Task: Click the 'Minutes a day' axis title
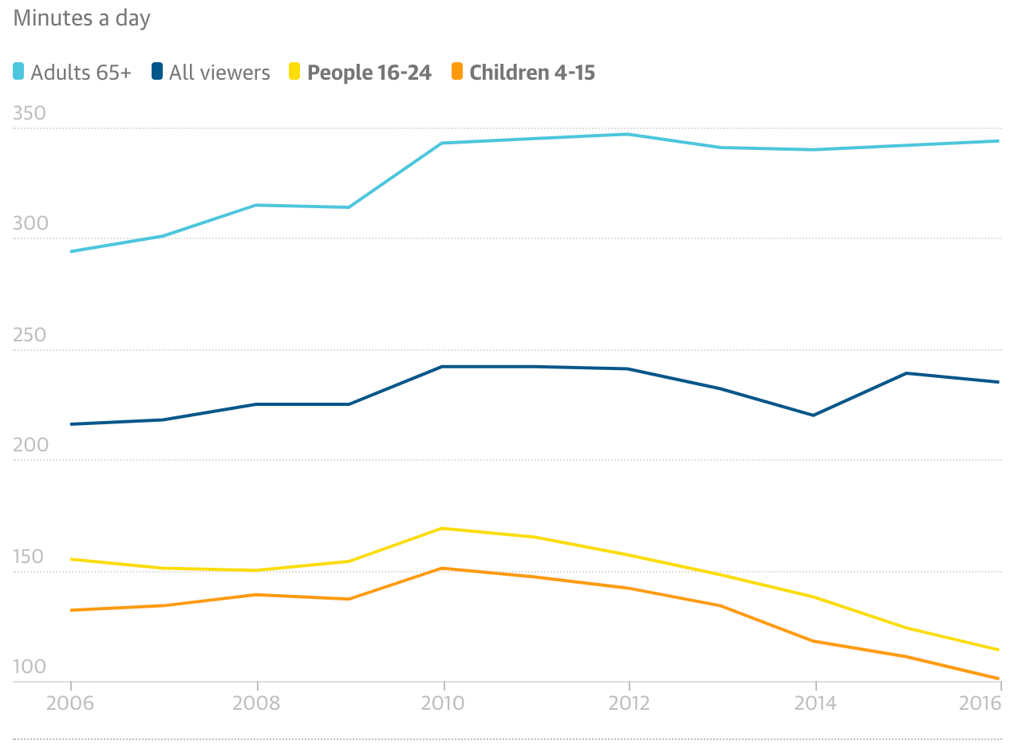[x=82, y=18]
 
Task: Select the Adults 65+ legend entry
[x=73, y=73]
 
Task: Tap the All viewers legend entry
[x=211, y=73]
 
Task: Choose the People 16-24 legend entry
[x=360, y=73]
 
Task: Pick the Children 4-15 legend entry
[x=523, y=73]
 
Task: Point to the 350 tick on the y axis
[x=30, y=114]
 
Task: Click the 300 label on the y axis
[x=30, y=224]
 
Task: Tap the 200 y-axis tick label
[x=30, y=446]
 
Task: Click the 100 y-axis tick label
[x=30, y=667]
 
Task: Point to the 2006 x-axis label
[x=70, y=703]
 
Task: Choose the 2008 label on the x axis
[x=256, y=703]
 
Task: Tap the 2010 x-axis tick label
[x=443, y=703]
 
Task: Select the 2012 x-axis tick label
[x=629, y=703]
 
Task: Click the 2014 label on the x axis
[x=815, y=703]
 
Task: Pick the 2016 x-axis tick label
[x=980, y=703]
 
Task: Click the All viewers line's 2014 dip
[x=814, y=415]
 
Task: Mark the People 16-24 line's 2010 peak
[x=442, y=528]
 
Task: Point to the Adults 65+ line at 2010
[x=442, y=144]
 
